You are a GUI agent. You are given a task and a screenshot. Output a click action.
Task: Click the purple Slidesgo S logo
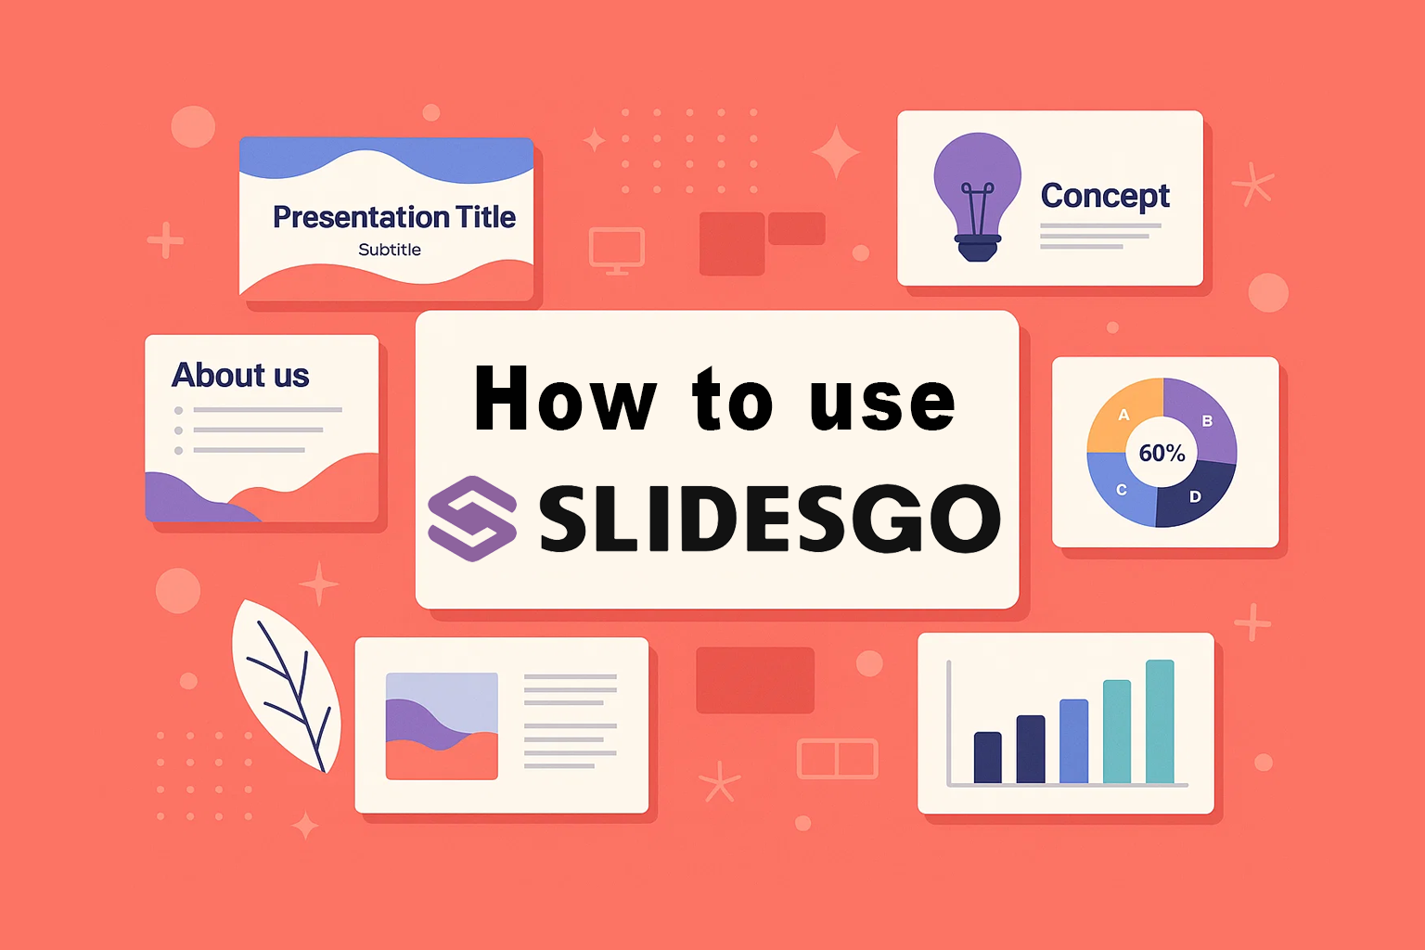(x=472, y=518)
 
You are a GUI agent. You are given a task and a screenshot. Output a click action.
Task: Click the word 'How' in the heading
(x=565, y=398)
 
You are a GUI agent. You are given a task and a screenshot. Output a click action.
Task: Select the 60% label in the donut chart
(x=1162, y=453)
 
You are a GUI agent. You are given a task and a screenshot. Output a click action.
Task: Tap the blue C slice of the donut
(x=1121, y=490)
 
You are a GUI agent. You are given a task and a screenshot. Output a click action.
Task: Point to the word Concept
(x=1105, y=196)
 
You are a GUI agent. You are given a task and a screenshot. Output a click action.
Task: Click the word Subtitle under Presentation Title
(x=390, y=250)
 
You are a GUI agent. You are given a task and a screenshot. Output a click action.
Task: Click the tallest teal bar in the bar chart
(x=1160, y=722)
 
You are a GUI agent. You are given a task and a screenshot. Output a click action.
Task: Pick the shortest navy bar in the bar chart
(x=988, y=757)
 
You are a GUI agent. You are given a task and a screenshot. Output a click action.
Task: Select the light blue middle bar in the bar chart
(x=1073, y=741)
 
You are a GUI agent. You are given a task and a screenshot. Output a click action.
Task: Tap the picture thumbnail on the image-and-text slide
(x=443, y=726)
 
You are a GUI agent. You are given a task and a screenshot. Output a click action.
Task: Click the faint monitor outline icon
(x=616, y=250)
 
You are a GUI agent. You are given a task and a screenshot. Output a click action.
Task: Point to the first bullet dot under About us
(x=179, y=410)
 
